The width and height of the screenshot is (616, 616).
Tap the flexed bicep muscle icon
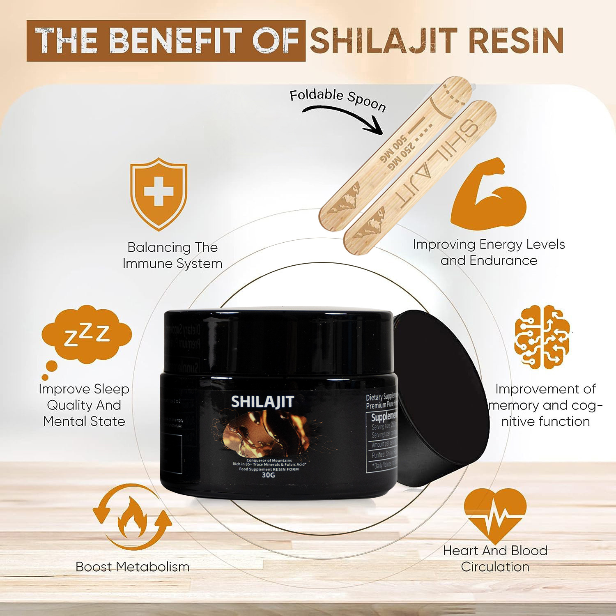488,193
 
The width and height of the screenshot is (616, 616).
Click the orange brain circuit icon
542,337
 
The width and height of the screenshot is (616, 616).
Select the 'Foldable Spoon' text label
338,99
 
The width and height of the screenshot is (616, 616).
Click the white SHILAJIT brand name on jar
262,401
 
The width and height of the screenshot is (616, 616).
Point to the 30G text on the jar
268,476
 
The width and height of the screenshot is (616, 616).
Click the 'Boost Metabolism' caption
132,567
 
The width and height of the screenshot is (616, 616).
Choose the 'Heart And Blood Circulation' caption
495,559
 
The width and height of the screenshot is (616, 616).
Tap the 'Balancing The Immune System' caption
172,255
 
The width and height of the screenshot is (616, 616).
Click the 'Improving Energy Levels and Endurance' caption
489,252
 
